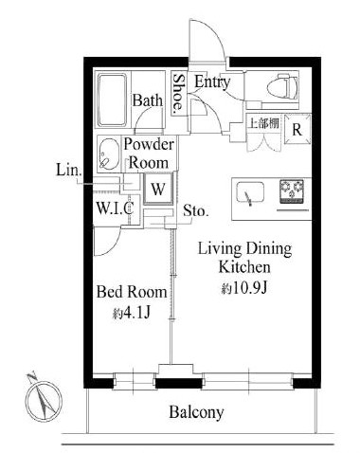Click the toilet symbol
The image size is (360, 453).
[x=282, y=86]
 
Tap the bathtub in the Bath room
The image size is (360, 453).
[x=112, y=100]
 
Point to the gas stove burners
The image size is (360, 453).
[x=291, y=189]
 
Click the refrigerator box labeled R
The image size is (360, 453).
[x=297, y=129]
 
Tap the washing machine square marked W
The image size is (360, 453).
[x=158, y=189]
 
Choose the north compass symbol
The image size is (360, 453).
[x=44, y=399]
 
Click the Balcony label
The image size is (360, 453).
[x=196, y=412]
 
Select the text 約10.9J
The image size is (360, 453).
[x=244, y=288]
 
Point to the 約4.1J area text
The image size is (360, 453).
[x=131, y=313]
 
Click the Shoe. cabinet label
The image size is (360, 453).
[x=179, y=92]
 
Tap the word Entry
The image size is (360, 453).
[x=212, y=82]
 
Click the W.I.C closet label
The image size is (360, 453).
[x=115, y=208]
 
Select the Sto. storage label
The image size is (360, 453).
[x=196, y=210]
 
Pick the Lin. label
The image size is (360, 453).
[x=69, y=171]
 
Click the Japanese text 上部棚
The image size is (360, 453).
[x=264, y=123]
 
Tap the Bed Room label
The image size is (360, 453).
[x=132, y=292]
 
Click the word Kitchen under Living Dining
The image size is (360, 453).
[x=244, y=267]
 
